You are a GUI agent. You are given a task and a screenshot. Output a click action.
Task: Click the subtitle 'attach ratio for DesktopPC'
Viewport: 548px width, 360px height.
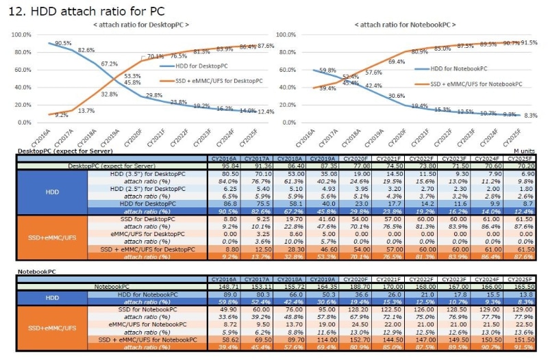[x=141, y=25]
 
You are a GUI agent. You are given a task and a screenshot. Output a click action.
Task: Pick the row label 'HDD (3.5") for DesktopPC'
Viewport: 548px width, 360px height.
[x=147, y=174]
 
